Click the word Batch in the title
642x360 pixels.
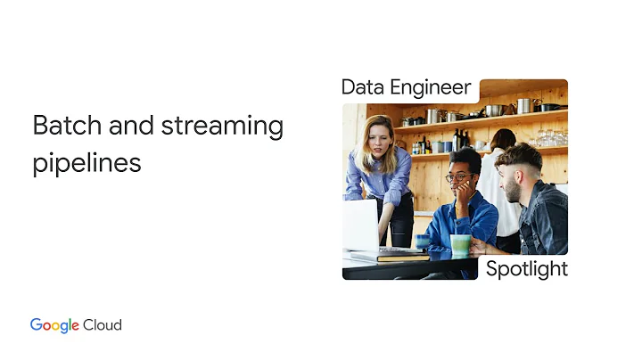62,126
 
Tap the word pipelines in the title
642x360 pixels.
86,164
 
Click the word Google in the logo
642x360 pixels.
55,325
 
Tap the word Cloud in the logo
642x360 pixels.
103,325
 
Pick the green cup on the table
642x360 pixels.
460,244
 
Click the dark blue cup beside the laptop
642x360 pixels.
422,241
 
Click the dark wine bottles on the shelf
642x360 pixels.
458,141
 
